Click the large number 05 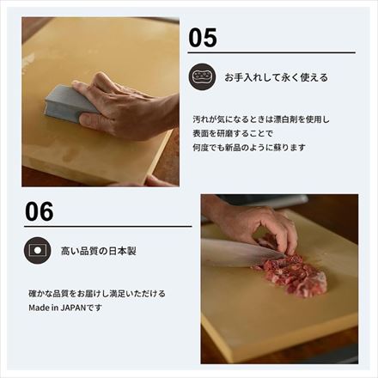tap(203, 38)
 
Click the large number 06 tap(40, 210)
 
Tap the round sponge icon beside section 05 tap(202, 76)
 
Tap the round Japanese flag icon tap(38, 251)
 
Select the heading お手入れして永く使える tap(276, 77)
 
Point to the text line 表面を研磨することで tap(231, 133)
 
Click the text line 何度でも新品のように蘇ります tap(249, 147)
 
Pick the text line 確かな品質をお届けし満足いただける tap(96, 294)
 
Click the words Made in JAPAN tap(58, 307)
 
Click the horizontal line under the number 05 tap(271, 53)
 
